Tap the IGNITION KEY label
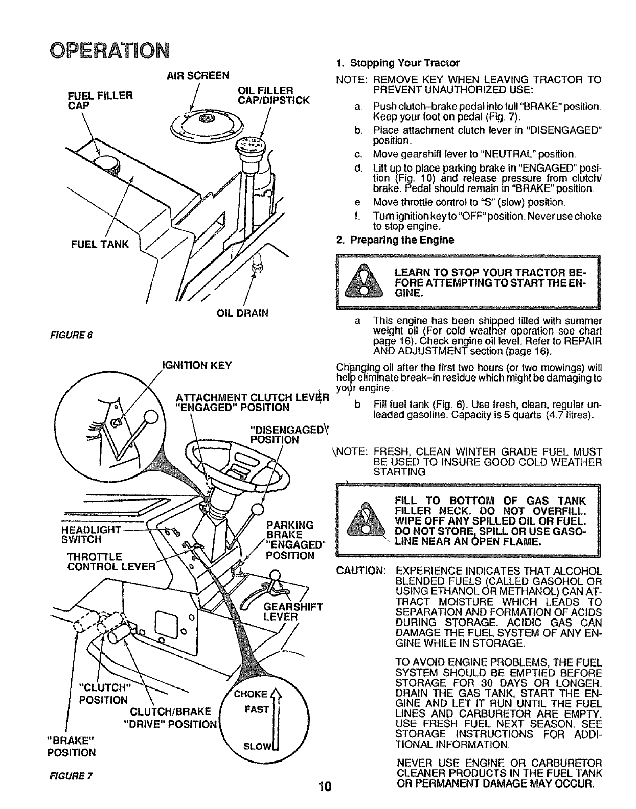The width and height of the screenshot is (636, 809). (x=197, y=365)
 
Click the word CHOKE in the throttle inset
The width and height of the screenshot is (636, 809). (x=251, y=694)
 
